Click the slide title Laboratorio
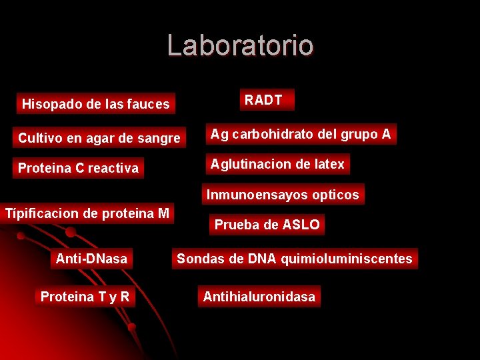[x=240, y=45]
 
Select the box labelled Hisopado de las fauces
[x=96, y=104]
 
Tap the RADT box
[x=264, y=101]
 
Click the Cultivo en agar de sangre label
[x=99, y=138]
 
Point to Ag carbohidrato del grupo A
[x=301, y=134]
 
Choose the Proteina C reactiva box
[x=79, y=168]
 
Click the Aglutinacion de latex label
[x=277, y=164]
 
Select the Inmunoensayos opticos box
[x=283, y=195]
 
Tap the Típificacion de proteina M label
[x=87, y=213]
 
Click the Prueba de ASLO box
[x=267, y=225]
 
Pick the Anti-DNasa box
[x=92, y=259]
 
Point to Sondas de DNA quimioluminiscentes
[x=295, y=259]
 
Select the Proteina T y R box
[x=85, y=297]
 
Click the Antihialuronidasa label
[x=259, y=297]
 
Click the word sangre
[x=159, y=138]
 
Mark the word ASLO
[x=301, y=225]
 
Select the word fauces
[x=150, y=104]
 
